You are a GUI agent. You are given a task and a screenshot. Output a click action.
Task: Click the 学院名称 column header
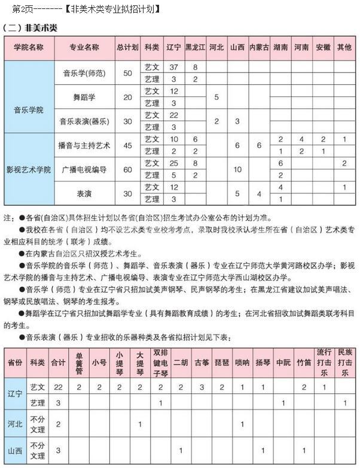(29, 47)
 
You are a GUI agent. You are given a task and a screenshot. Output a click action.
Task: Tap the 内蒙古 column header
(260, 47)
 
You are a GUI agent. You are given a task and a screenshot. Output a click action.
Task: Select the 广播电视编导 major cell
(84, 169)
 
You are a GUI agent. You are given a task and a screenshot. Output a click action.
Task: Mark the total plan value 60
(127, 169)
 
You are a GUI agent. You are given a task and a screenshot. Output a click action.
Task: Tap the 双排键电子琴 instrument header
(160, 363)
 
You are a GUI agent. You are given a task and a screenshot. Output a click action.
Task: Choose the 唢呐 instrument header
(242, 363)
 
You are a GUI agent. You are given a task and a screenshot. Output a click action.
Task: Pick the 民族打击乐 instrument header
(344, 363)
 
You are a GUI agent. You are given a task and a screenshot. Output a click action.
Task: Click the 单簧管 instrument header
(78, 363)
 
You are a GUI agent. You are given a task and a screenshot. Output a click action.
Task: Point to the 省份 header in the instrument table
(15, 363)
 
